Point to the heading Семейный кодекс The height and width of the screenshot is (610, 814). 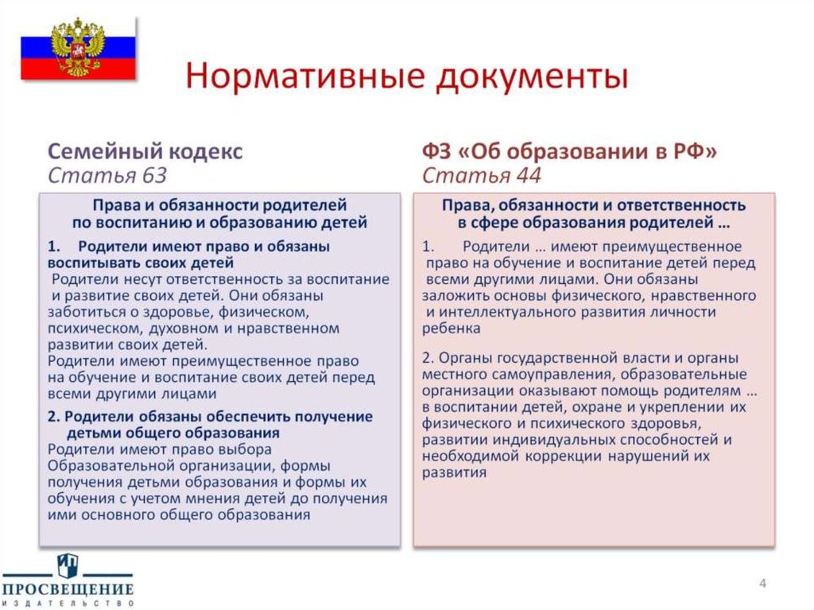[x=145, y=151]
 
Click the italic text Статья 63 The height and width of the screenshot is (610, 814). [x=107, y=175]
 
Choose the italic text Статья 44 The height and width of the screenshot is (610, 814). [x=481, y=175]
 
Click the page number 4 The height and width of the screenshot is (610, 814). [x=762, y=585]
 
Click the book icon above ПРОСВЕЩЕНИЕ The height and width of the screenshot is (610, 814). [x=68, y=565]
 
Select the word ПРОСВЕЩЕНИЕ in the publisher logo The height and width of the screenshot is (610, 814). [x=68, y=589]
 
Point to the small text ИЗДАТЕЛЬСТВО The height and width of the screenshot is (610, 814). [x=68, y=604]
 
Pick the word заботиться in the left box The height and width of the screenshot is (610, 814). [x=84, y=312]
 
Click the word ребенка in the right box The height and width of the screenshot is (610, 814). [x=452, y=328]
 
